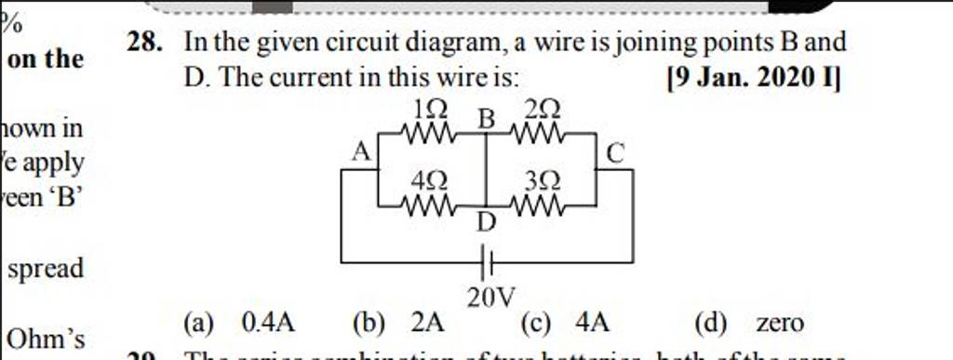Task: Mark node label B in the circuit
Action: coord(486,118)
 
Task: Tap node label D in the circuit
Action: coord(487,222)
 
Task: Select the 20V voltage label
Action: coord(488,298)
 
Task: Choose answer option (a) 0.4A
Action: coord(240,324)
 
